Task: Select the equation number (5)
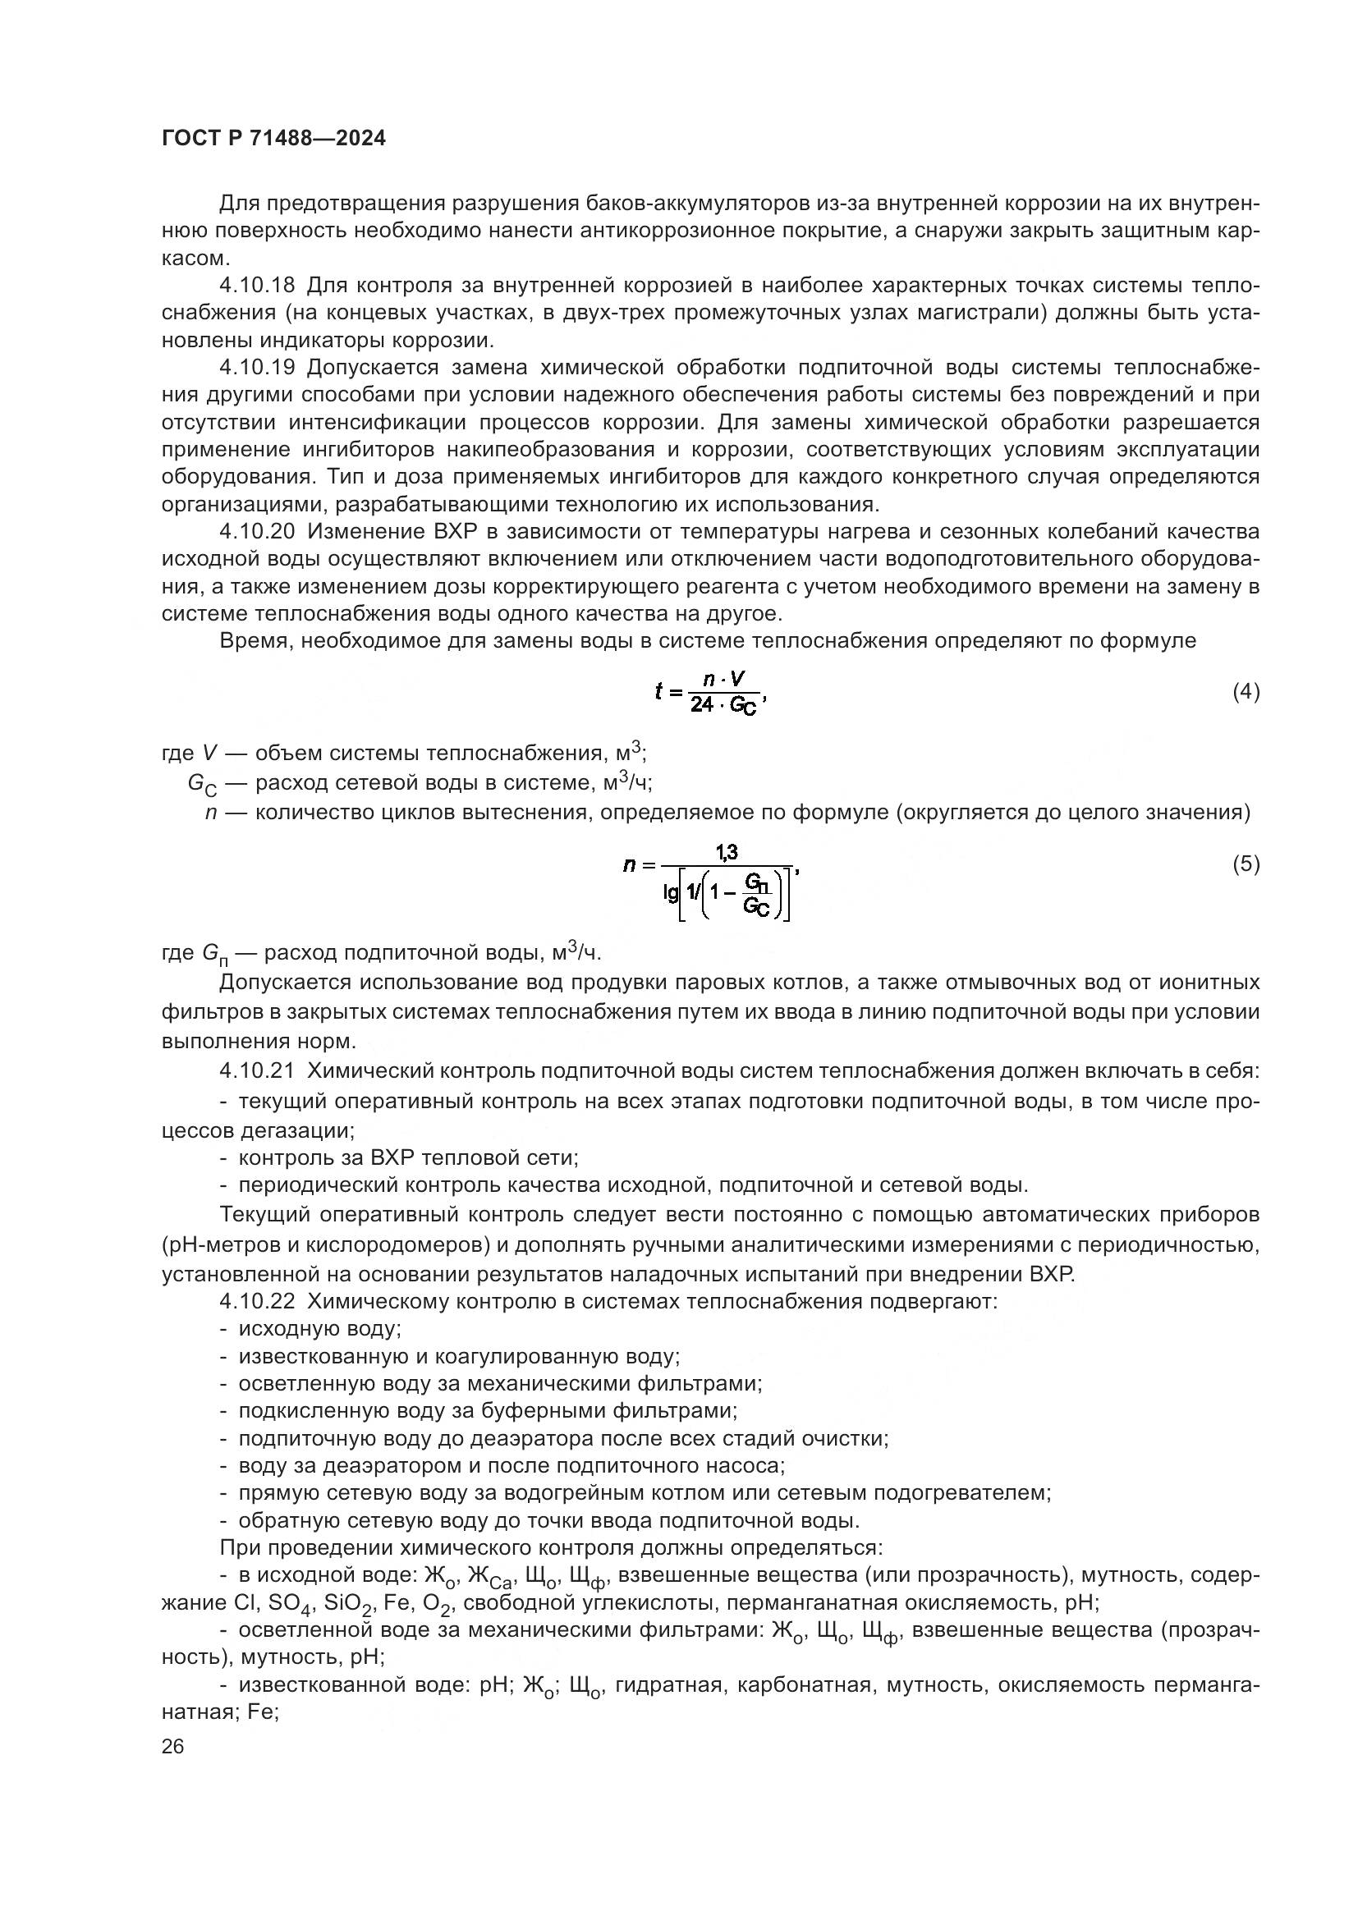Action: (1246, 864)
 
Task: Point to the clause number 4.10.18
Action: (257, 286)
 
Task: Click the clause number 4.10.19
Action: (257, 368)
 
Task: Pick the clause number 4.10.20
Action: (257, 532)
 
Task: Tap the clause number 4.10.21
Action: (257, 1071)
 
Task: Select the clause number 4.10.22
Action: (257, 1302)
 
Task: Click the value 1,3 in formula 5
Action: (726, 851)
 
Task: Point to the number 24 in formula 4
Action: (701, 706)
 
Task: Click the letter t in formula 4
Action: (659, 691)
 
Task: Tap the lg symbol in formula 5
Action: (671, 894)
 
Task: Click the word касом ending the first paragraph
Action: (195, 259)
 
